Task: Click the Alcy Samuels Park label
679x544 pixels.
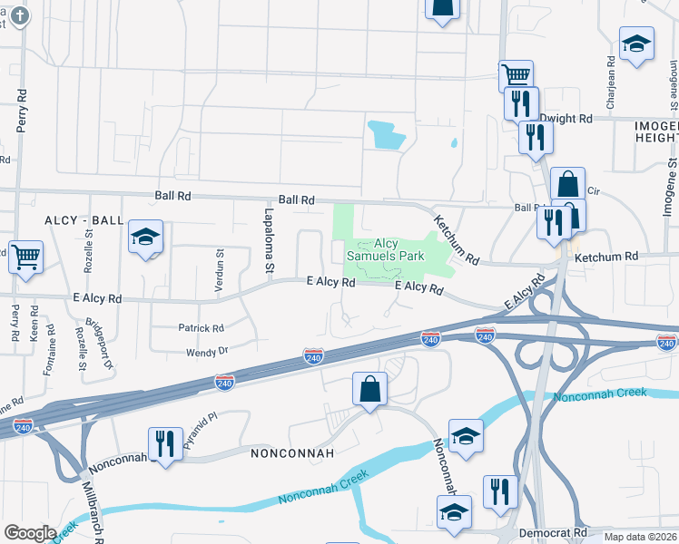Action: pos(387,249)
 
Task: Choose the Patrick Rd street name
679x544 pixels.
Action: pos(201,328)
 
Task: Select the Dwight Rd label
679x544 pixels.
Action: pos(566,119)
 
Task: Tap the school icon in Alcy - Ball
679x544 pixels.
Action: pos(145,238)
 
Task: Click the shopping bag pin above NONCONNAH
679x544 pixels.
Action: pos(369,390)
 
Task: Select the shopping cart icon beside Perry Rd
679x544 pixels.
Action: pos(25,256)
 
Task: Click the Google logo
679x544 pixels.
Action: pos(30,533)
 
